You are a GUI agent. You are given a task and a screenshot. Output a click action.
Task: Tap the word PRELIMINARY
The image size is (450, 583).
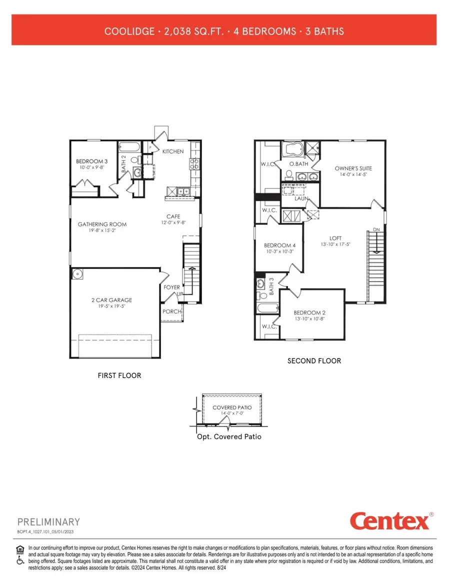[48, 522]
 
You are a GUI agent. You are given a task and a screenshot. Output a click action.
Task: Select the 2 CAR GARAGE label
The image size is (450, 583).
[111, 300]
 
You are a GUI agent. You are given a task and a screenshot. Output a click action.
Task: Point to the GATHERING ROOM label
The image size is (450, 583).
[102, 224]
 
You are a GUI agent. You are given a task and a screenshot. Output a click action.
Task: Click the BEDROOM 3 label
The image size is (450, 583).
[91, 161]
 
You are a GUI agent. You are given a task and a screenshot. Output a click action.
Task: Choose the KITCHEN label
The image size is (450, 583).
[173, 151]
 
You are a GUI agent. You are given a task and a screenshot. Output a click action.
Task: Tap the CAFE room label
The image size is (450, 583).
[173, 217]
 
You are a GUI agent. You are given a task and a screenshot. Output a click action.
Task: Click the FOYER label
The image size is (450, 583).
[172, 287]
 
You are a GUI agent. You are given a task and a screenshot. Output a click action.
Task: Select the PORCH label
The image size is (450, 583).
[171, 311]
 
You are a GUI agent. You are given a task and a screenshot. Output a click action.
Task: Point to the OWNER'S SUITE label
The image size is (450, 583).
[353, 168]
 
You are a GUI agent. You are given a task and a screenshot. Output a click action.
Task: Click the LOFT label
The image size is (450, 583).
[335, 238]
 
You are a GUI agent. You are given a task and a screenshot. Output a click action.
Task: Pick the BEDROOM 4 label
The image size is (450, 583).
[279, 245]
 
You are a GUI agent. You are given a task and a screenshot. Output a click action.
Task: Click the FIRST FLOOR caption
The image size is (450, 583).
[119, 375]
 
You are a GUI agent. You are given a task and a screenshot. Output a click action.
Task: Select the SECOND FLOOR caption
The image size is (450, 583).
[314, 360]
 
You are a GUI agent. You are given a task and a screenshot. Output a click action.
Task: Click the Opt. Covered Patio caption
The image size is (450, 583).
[228, 436]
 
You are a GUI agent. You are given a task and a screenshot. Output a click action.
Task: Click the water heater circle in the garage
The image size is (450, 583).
[77, 275]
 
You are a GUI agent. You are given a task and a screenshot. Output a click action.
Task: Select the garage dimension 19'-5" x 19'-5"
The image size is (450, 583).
[111, 306]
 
